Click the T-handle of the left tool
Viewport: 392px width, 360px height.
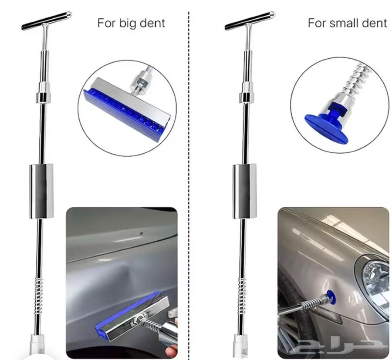tap(47, 21)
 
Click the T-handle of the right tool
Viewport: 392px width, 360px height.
tap(250, 21)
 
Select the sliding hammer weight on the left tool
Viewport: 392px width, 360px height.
tap(42, 191)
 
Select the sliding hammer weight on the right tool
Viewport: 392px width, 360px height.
tap(245, 191)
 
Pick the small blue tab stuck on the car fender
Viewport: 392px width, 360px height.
tap(330, 296)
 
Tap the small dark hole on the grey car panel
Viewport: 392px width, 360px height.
tap(141, 234)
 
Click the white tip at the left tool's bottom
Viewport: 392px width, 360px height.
tap(37, 346)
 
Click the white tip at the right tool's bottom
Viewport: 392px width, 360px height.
tap(240, 346)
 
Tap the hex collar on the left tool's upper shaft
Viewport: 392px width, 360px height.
tap(44, 97)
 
